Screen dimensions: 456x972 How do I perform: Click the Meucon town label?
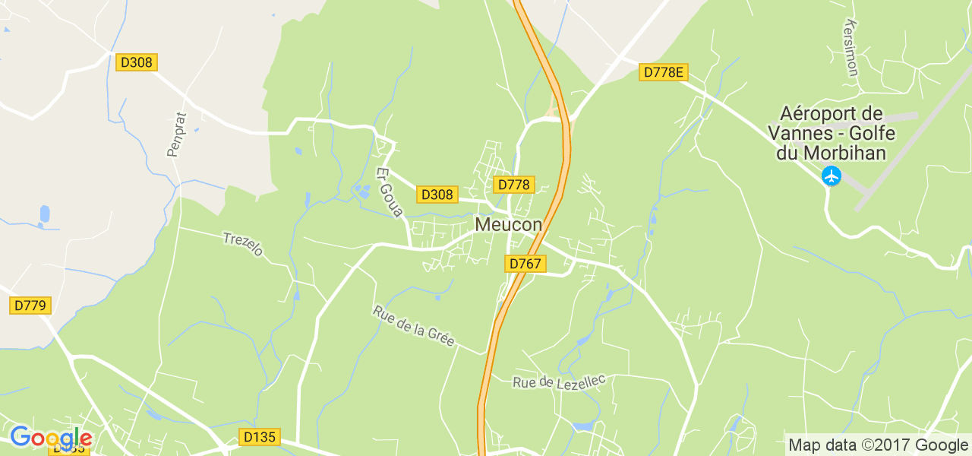point(509,225)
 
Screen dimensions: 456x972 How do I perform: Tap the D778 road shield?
point(514,185)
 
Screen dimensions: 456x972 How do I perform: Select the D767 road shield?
point(525,264)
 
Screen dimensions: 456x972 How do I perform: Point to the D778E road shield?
point(663,72)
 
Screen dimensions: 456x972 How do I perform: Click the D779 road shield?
point(30,306)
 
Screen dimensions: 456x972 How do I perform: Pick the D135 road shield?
point(260,437)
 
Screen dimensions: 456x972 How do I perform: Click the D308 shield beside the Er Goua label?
point(437,195)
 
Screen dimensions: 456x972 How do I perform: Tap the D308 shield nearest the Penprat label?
point(137,62)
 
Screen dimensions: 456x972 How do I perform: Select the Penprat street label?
point(173,135)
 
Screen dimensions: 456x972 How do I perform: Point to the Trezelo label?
point(242,244)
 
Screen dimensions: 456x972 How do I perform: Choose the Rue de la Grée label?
point(414,326)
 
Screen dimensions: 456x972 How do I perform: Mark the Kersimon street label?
point(850,48)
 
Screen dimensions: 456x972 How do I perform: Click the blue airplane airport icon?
point(832,176)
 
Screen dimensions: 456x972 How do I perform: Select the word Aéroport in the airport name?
point(831,114)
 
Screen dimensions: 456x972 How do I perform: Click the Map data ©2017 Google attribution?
point(878,445)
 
